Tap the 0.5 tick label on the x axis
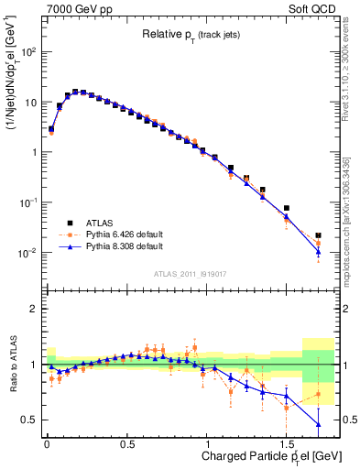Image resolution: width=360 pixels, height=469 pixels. [x=126, y=442]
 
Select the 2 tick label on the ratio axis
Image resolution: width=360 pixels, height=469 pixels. [x=33, y=309]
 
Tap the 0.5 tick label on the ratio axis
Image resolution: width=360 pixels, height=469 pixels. [x=29, y=420]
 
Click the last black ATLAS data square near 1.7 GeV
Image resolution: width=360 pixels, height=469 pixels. [x=318, y=235]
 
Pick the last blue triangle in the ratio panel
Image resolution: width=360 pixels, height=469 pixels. [x=318, y=424]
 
